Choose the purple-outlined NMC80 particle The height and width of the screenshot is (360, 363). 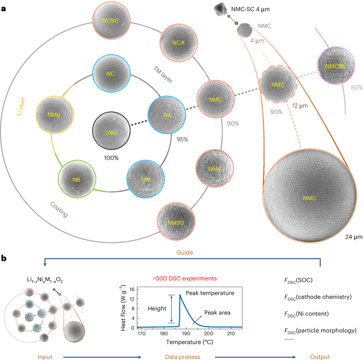tap(334, 68)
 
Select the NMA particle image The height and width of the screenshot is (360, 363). tap(215, 168)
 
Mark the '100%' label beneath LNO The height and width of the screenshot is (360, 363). tap(110, 158)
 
